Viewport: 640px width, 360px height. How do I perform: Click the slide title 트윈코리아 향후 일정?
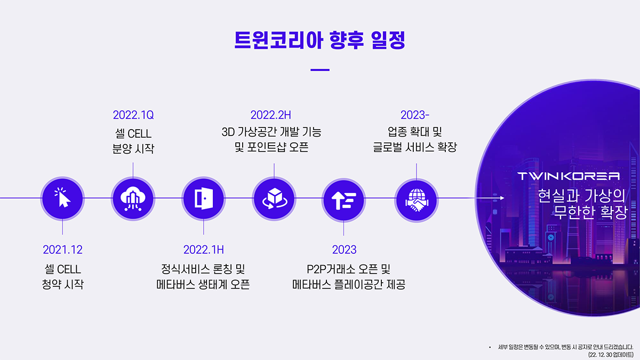tap(319, 40)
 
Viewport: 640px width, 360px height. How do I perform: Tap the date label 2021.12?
tap(62, 250)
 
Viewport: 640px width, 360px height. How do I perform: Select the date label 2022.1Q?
tap(133, 115)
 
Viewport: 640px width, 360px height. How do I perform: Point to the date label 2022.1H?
tap(203, 250)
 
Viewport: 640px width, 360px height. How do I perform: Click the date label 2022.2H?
tap(270, 115)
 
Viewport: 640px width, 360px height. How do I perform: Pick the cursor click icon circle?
tap(62, 198)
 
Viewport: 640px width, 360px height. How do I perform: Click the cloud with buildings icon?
tap(133, 198)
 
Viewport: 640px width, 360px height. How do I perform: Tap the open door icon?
tap(203, 198)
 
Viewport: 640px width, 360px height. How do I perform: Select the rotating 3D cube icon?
tap(274, 198)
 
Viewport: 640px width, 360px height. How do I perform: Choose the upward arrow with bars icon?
tap(343, 201)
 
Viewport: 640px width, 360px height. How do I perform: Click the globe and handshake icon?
tap(417, 200)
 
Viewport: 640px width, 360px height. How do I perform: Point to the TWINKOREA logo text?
tap(569, 177)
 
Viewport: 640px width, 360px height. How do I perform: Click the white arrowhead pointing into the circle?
tap(502, 198)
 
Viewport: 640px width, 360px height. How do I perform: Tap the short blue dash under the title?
tap(320, 70)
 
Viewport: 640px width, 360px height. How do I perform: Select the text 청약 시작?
tap(62, 284)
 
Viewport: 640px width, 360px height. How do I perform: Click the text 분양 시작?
tap(133, 149)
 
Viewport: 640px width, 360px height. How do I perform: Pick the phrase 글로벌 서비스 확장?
tap(415, 147)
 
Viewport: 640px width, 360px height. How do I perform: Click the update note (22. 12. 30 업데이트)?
tap(611, 355)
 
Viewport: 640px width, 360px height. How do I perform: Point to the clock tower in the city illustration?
tap(550, 240)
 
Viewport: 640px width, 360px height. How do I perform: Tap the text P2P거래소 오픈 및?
tap(349, 269)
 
